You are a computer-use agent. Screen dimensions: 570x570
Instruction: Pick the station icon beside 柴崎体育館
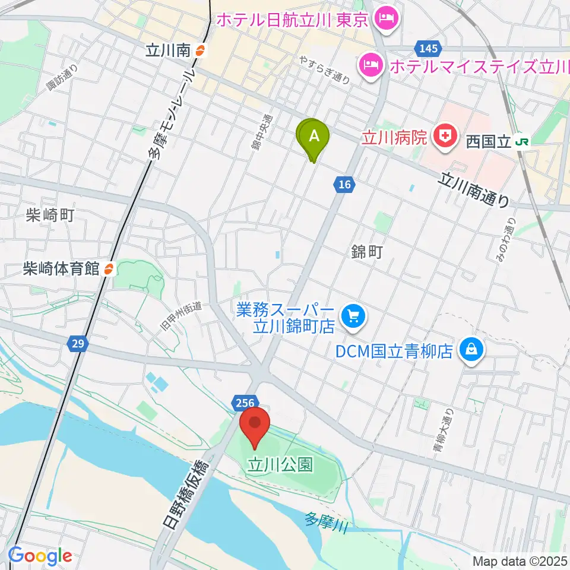[108, 268]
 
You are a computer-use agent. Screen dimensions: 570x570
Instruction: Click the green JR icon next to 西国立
[522, 142]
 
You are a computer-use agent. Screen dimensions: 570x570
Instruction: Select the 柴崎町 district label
[50, 215]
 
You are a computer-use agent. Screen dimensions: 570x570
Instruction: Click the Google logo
[40, 556]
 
